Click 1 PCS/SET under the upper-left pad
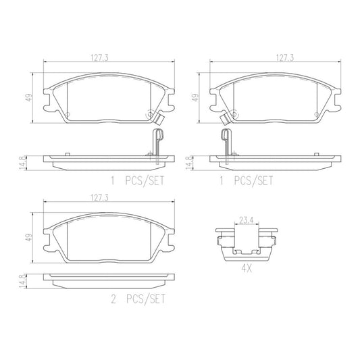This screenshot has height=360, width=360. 139,181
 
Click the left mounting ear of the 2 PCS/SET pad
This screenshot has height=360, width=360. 47,240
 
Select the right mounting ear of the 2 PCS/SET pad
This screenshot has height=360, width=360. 171,240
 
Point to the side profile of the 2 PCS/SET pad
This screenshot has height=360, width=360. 108,278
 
